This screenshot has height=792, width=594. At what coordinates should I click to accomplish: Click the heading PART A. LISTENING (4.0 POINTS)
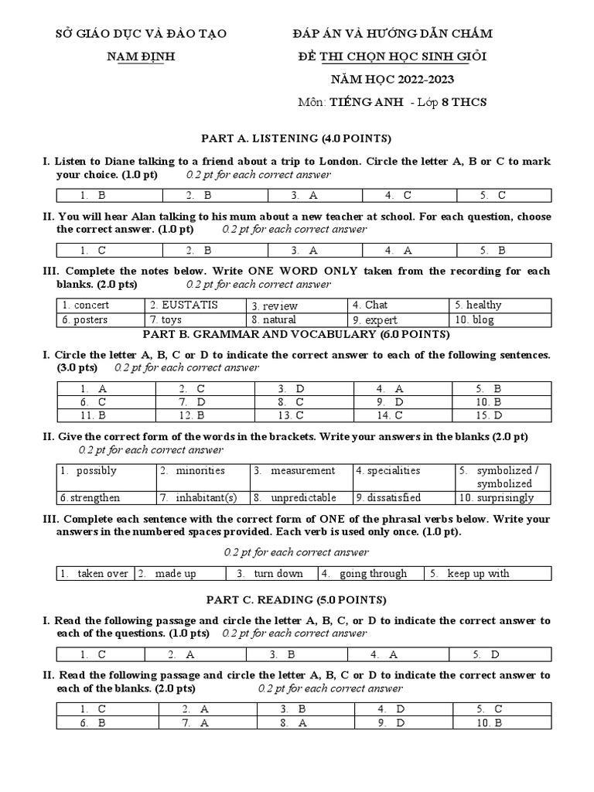pyautogui.click(x=296, y=138)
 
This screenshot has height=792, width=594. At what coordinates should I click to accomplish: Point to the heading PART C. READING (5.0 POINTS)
pyautogui.click(x=296, y=599)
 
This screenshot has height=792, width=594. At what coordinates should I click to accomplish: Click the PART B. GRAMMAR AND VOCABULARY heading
pyautogui.click(x=296, y=334)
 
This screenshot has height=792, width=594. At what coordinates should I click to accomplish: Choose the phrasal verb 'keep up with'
pyautogui.click(x=478, y=573)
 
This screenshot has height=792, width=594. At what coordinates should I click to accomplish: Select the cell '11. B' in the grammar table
pyautogui.click(x=92, y=415)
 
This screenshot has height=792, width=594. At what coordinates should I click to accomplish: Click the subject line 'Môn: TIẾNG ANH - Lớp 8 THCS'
pyautogui.click(x=392, y=103)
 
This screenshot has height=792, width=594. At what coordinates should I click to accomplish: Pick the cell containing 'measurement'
pyautogui.click(x=302, y=470)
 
